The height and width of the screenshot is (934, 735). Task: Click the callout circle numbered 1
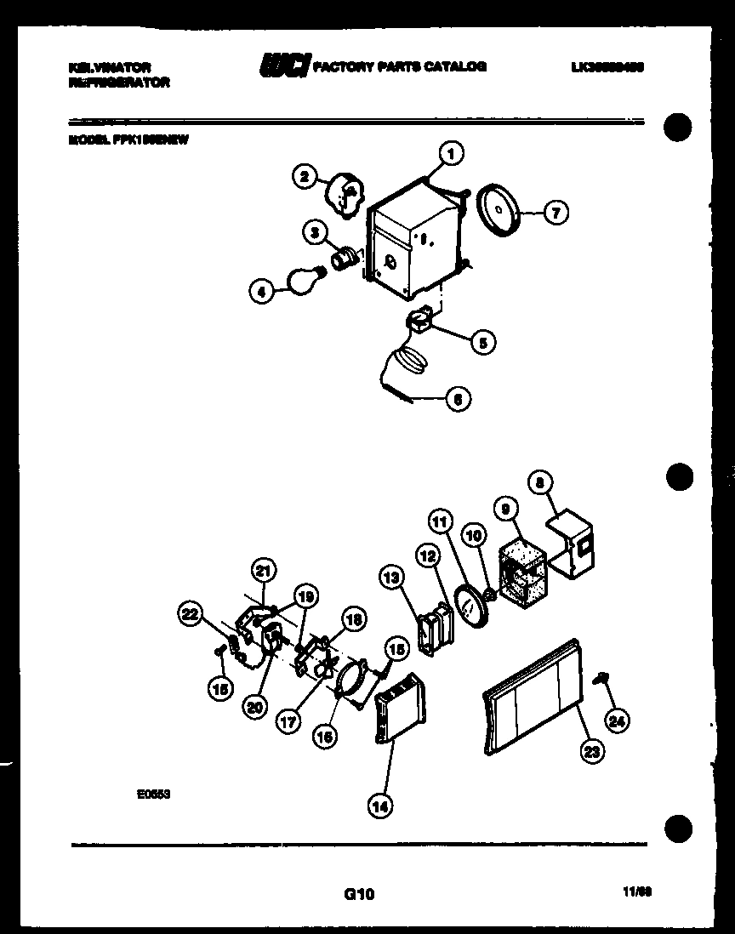click(451, 153)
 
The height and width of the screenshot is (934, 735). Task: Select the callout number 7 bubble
click(555, 213)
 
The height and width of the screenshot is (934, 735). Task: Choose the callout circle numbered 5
click(481, 342)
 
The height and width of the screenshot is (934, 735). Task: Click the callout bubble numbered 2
click(304, 177)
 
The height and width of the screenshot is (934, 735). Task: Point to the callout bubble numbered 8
click(540, 482)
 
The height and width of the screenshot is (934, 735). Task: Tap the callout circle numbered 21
click(264, 571)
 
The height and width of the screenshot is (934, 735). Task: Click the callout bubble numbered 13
click(391, 578)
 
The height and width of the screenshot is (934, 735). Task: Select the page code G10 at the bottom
click(358, 893)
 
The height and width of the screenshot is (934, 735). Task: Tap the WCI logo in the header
click(285, 65)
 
